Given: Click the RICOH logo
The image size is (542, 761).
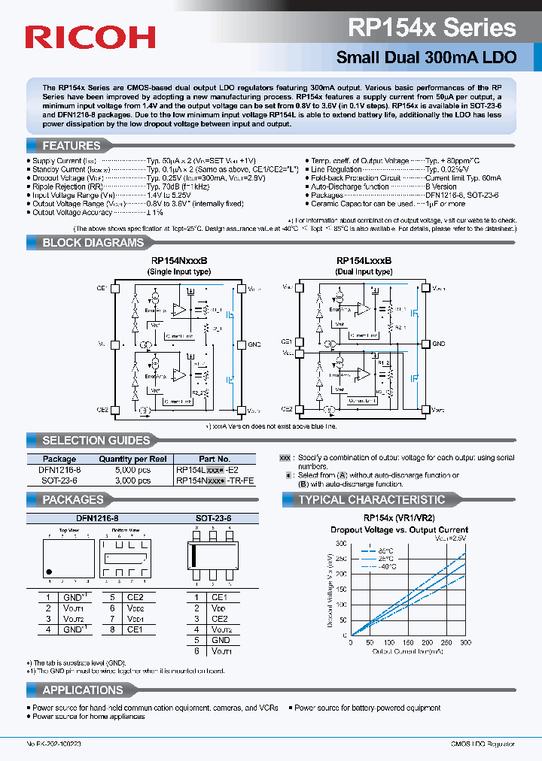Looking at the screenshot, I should pyautogui.click(x=90, y=37).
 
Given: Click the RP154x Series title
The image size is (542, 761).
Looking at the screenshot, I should pyautogui.click(x=431, y=28).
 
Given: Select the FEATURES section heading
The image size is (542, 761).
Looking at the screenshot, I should pyautogui.click(x=72, y=146).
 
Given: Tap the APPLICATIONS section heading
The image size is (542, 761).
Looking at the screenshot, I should pyautogui.click(x=83, y=690).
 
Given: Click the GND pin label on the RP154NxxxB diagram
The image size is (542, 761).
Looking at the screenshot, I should pyautogui.click(x=254, y=344).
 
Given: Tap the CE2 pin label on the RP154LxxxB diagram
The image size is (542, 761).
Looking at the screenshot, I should pyautogui.click(x=287, y=409).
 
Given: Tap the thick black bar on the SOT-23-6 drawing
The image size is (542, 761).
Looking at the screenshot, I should pyautogui.click(x=195, y=555).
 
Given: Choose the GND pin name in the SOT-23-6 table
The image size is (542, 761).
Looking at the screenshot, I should pyautogui.click(x=221, y=640).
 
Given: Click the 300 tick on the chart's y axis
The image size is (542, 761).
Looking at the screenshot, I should pyautogui.click(x=341, y=543).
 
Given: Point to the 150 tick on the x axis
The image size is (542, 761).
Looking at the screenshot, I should pyautogui.click(x=407, y=643).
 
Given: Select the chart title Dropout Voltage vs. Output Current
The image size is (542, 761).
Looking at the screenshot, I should pyautogui.click(x=399, y=529).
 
